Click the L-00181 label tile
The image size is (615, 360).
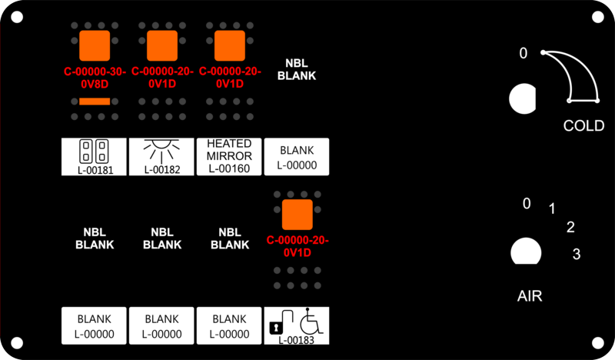(x=94, y=157)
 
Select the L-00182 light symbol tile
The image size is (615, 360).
(x=161, y=157)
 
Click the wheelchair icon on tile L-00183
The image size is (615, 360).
(x=311, y=321)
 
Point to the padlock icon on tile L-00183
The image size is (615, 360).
(x=276, y=327)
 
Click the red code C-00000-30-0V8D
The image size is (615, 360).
(x=95, y=78)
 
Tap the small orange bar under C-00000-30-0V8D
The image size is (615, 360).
(x=95, y=102)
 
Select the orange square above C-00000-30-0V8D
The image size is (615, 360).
(x=95, y=46)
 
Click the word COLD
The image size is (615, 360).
(x=583, y=125)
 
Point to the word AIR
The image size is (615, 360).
(x=530, y=296)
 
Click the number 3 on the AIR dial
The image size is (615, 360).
(x=576, y=254)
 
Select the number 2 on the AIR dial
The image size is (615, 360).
(x=570, y=227)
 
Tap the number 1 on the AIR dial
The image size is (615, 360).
(x=552, y=208)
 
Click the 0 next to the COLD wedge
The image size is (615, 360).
(x=524, y=53)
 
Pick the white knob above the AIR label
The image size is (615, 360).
(x=526, y=252)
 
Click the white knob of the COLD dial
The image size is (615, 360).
(x=522, y=98)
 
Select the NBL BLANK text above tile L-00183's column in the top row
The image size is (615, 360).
(x=297, y=69)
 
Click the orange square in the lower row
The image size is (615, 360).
(x=298, y=215)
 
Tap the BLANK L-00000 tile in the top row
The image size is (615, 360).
(x=297, y=157)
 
